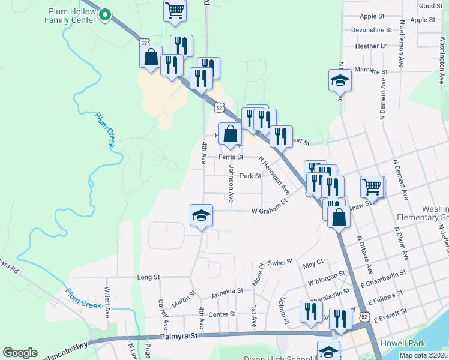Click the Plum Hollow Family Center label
click(x=70, y=16)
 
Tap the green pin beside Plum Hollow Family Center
click(x=106, y=15)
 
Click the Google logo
click(x=20, y=353)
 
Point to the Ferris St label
click(x=231, y=157)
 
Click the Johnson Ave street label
click(x=230, y=184)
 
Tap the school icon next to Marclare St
click(x=340, y=80)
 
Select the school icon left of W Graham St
click(x=201, y=216)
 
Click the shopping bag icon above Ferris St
click(x=230, y=134)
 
